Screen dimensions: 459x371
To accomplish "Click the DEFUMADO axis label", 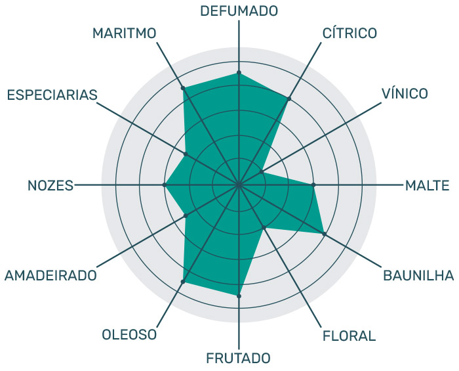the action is [239, 11].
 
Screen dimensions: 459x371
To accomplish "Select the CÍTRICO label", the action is [349, 33].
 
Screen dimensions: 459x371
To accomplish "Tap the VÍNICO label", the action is [405, 93].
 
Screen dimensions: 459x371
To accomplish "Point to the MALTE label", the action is [427, 185].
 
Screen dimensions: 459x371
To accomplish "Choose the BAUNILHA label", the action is [418, 276].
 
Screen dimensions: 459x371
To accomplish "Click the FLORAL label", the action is [349, 336].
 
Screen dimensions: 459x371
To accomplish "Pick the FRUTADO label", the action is [238, 358].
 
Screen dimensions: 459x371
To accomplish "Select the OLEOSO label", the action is [129, 335].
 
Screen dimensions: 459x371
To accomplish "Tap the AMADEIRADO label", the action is [50, 276].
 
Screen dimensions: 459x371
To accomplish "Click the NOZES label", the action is [50, 185].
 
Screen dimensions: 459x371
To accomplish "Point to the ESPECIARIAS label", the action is [52, 95].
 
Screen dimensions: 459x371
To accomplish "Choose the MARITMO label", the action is [125, 33].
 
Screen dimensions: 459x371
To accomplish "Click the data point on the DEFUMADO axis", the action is [239, 72].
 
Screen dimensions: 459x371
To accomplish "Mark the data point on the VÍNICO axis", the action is [262, 172].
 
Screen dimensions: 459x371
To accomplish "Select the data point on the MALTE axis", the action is [313, 185].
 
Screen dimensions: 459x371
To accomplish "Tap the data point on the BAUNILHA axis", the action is [325, 234].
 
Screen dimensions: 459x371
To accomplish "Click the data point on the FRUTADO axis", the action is [239, 296].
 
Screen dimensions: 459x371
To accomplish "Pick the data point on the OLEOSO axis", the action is [183, 282].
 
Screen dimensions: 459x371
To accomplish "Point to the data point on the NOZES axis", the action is [164, 185].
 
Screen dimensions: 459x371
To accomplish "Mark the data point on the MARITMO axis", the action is [183, 88].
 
